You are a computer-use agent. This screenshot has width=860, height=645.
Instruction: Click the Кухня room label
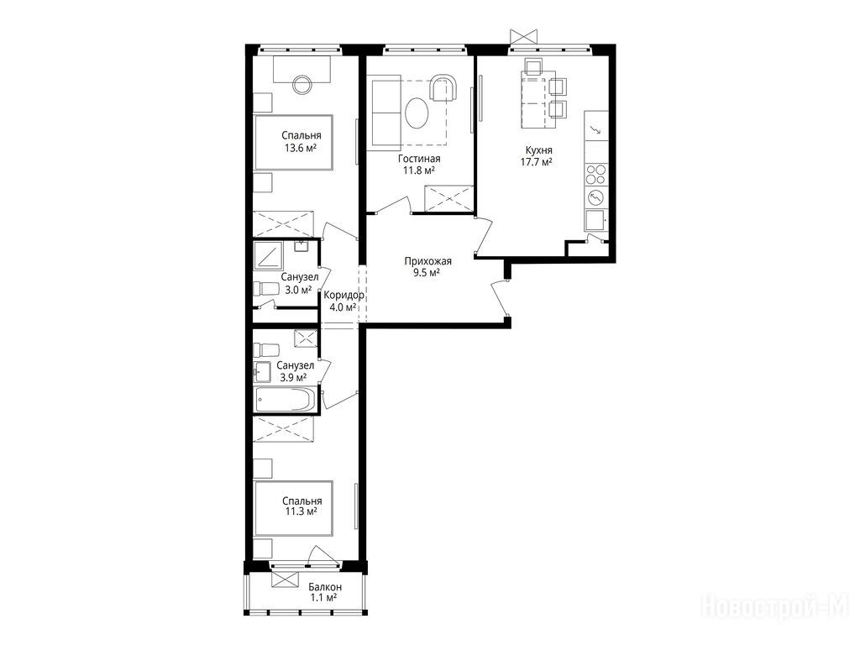pos(538,150)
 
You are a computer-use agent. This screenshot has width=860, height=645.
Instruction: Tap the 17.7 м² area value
pos(536,162)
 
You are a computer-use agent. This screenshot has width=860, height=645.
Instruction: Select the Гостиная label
pos(420,159)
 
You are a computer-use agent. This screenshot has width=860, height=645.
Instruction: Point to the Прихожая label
pos(427,261)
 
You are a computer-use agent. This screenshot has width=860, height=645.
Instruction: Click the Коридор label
pos(343,295)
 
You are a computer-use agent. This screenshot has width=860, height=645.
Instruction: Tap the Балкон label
pos(325,587)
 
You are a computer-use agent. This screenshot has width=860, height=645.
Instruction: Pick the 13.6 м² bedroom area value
pos(301,147)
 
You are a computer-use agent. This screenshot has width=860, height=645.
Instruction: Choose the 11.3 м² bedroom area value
pos(302,512)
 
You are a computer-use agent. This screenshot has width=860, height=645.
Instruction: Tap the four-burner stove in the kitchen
pos(596,175)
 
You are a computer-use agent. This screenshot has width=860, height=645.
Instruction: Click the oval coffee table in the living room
pos(417,113)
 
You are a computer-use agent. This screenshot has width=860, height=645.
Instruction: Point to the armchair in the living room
pos(443,87)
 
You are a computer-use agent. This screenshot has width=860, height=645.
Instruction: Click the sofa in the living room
pos(387,114)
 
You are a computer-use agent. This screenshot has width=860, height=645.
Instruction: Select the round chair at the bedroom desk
pos(302,84)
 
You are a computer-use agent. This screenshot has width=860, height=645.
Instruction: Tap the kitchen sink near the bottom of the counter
pos(595,221)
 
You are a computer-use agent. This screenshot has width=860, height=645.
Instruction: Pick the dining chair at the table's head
pos(533,66)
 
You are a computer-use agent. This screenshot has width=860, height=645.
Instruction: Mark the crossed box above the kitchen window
pos(523,36)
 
